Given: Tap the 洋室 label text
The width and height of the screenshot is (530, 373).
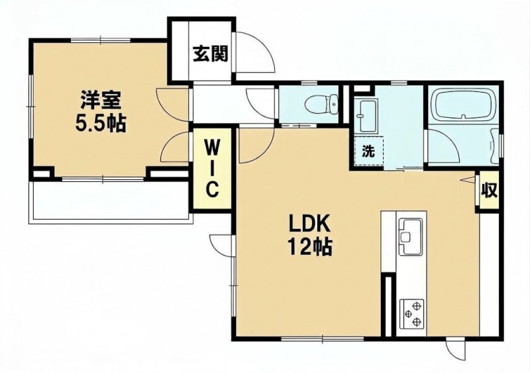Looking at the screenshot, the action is point(101,100).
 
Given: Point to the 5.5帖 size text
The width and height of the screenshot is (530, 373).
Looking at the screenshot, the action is point(101,124).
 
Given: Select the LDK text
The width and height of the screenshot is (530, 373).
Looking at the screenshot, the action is point(309,224).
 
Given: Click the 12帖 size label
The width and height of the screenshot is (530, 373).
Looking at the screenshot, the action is point(309,247).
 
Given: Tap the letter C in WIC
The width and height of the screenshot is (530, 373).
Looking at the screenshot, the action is point(212,190).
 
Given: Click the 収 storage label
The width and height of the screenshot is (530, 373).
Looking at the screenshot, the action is point(490,190).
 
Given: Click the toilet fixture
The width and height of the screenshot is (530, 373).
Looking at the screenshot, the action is point(321,104).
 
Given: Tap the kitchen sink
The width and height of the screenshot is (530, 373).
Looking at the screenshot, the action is point(411,237).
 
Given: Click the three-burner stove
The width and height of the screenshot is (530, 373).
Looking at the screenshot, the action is point(411,313).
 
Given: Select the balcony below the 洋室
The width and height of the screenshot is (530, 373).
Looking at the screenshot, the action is point(110,200).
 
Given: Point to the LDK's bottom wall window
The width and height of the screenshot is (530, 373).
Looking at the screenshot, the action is point(322,337).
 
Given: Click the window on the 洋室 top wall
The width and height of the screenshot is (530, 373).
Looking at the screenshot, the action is point(101,41).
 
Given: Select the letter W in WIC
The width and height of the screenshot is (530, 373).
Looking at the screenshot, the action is point(212,147).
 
